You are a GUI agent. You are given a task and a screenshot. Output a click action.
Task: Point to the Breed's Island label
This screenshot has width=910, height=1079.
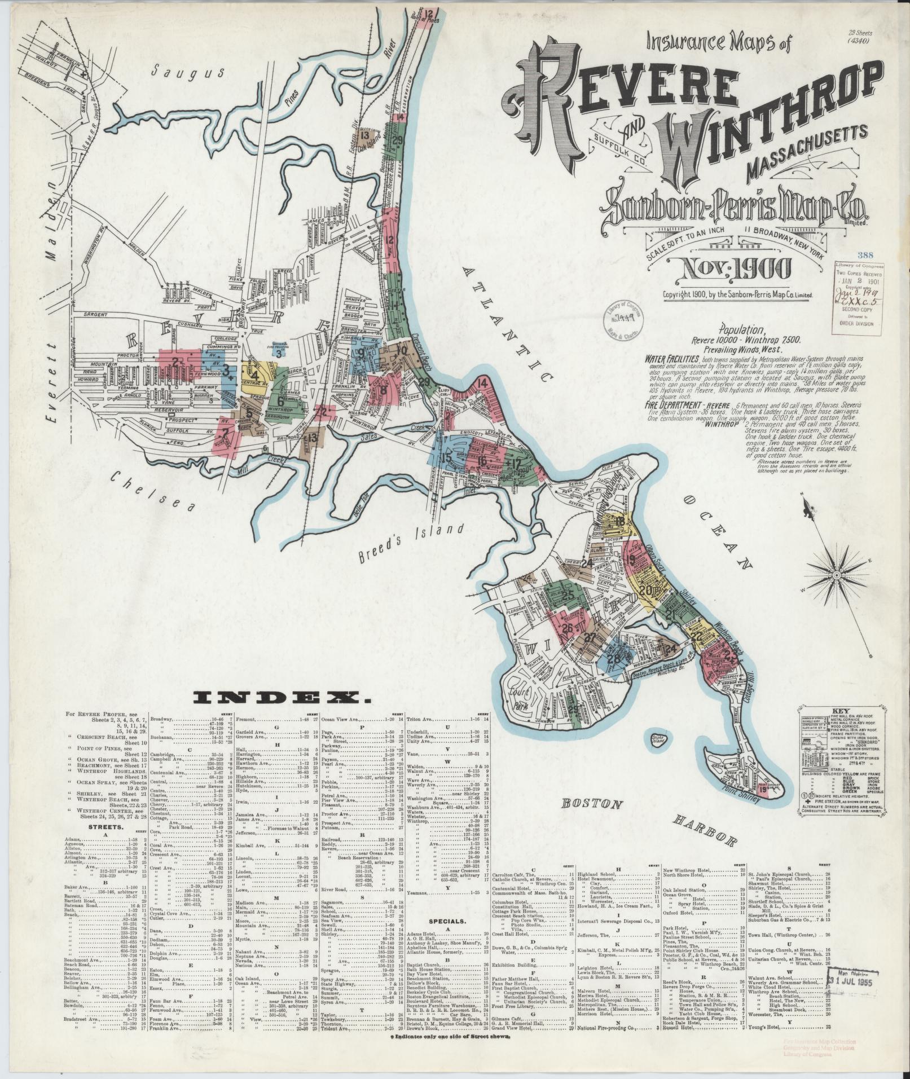(411, 543)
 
